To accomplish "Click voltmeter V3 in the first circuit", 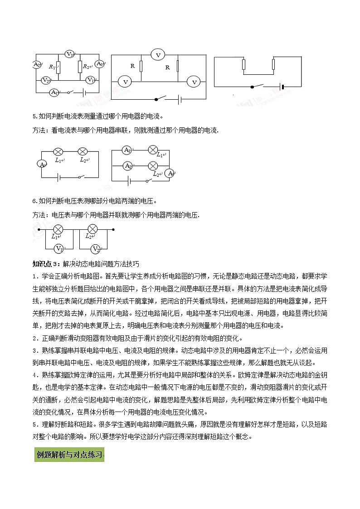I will click(69, 54).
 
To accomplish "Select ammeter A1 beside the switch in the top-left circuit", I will click(54, 92).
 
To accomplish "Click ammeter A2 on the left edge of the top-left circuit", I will click(37, 65).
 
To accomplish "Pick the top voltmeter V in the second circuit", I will click(158, 55).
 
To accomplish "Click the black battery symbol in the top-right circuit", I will click(282, 86).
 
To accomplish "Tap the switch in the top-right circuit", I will click(257, 86).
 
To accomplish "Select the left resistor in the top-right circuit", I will click(244, 65).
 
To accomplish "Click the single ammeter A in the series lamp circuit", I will click(42, 164).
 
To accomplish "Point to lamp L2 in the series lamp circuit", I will click(83, 151).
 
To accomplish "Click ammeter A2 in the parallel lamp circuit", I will click(128, 165).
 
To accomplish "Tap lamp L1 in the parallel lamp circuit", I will click(153, 150).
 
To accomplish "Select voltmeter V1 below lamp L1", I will click(58, 248).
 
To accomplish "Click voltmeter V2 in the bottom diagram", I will click(95, 248).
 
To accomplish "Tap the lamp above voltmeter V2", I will click(92, 229).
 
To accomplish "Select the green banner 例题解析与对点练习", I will click(69, 454).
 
